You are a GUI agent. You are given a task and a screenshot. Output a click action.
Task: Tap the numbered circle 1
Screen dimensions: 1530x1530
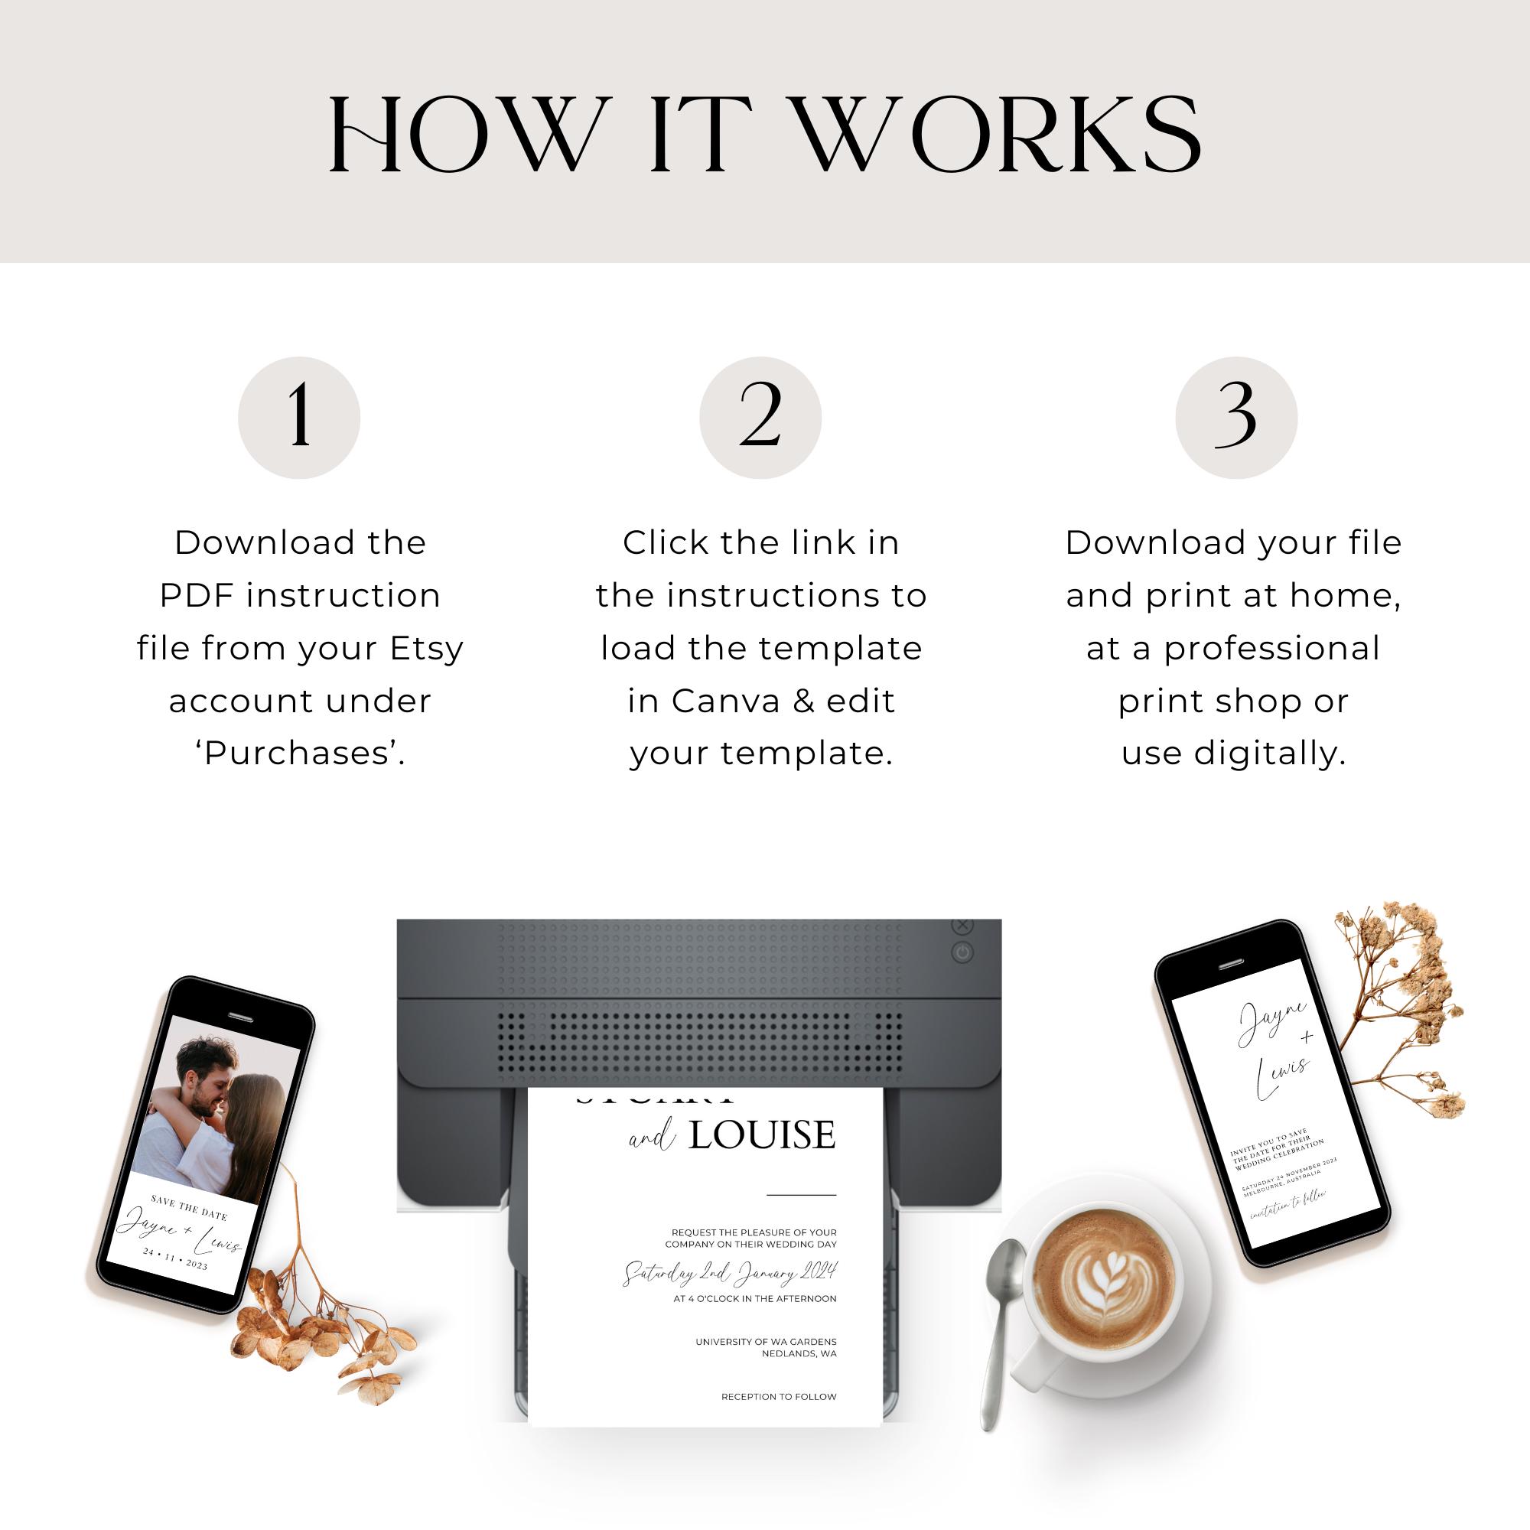tap(298, 418)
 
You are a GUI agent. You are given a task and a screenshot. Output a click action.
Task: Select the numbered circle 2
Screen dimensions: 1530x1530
tap(760, 418)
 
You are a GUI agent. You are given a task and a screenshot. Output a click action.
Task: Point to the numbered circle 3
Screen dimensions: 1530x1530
tap(1235, 418)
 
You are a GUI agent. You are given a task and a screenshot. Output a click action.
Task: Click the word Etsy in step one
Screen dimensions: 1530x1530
tap(426, 649)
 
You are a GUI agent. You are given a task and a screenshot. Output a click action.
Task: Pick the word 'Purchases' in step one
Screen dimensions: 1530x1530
tap(299, 753)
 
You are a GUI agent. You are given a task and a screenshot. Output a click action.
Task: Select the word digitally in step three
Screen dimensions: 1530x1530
tap(1269, 753)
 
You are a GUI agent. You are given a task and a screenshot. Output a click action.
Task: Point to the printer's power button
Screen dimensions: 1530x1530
tap(962, 952)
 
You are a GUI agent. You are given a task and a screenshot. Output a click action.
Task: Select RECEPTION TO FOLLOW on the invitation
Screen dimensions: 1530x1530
tap(779, 1396)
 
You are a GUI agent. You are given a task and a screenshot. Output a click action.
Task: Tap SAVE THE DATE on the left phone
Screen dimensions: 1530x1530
tap(188, 1209)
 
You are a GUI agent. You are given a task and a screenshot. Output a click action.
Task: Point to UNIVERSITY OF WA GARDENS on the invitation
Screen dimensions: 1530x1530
tap(766, 1342)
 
